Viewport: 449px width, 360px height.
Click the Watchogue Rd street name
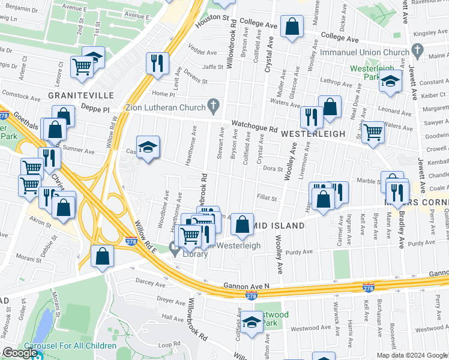click(x=255, y=128)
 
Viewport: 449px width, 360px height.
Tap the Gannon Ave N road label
click(x=246, y=285)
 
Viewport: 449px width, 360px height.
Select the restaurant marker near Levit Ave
click(x=157, y=62)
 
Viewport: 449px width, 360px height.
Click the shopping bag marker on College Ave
click(x=292, y=28)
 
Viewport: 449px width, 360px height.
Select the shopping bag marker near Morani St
click(x=103, y=256)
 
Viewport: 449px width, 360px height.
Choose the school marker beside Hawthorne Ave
click(x=148, y=147)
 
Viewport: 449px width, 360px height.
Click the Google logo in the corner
click(x=19, y=353)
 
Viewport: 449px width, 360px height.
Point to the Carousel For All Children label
click(x=70, y=346)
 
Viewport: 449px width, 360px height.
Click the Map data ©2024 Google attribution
click(x=411, y=355)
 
